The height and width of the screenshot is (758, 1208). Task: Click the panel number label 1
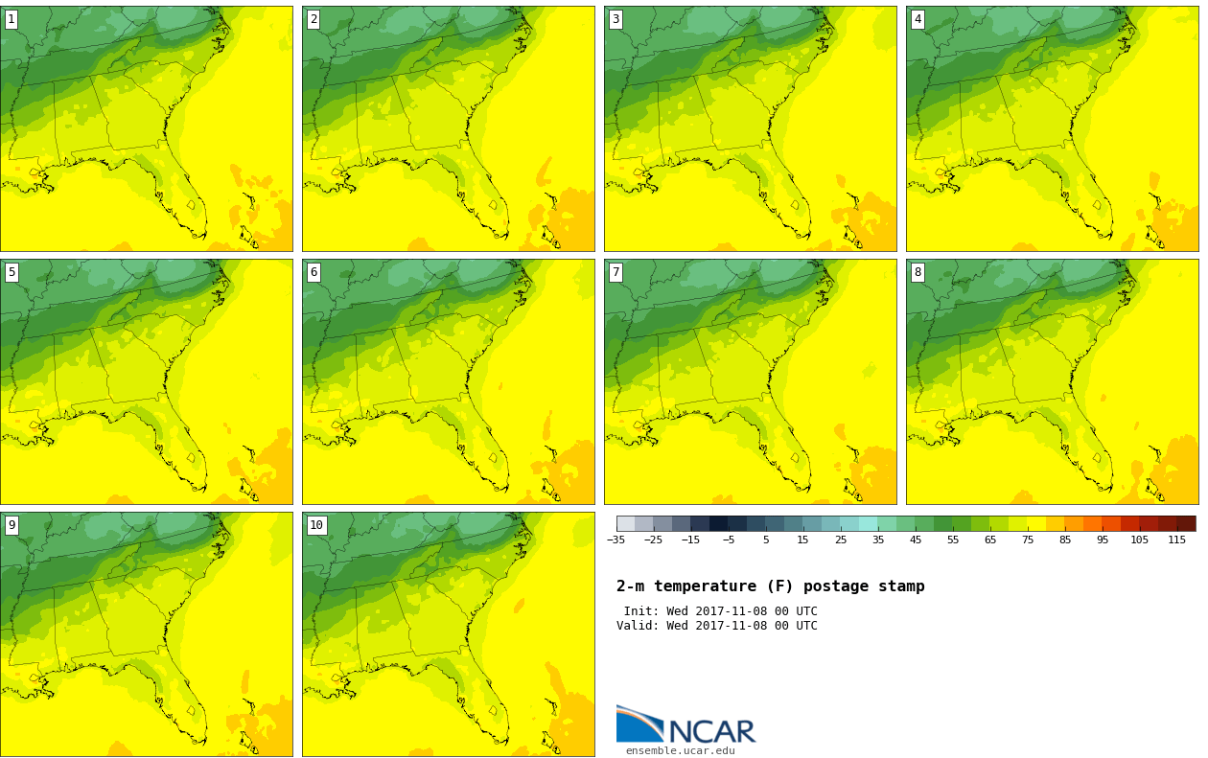click(12, 19)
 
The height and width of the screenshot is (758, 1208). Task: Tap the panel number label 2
click(314, 19)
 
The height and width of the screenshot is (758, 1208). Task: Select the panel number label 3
click(616, 19)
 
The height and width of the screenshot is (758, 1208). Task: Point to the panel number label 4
click(918, 19)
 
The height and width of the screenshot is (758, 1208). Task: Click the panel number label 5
click(12, 272)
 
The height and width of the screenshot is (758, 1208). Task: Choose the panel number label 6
click(314, 272)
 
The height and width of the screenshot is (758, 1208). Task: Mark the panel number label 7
click(616, 272)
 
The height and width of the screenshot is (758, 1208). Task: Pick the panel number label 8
click(918, 272)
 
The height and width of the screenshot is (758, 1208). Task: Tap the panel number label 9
click(12, 525)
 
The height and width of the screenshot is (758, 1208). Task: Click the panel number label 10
click(316, 525)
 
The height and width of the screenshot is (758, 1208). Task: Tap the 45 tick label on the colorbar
click(916, 540)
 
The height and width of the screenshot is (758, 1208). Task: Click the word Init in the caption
click(639, 611)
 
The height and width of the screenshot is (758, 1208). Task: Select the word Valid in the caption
click(636, 626)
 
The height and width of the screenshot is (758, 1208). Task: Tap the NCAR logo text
click(711, 732)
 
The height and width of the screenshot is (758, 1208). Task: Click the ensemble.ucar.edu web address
click(680, 751)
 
